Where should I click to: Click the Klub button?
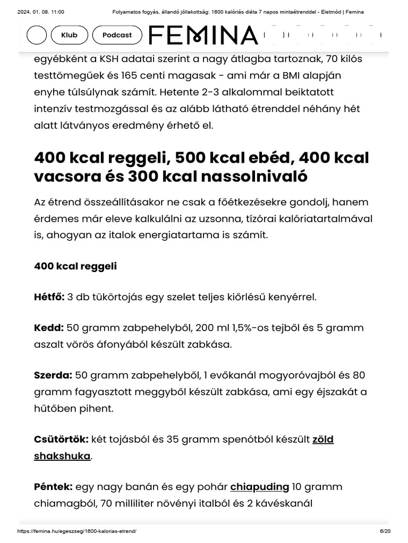pos(69,35)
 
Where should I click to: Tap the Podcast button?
pos(117,35)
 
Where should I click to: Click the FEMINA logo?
pos(203,36)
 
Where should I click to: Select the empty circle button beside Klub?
pos(37,35)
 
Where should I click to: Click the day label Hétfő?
pos(49,296)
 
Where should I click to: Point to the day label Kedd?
pos(49,328)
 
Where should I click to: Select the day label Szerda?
pos(53,375)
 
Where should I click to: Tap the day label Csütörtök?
pos(61,439)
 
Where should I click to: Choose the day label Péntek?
pos(53,487)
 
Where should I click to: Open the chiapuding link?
pos(259,487)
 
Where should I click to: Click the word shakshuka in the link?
pos(62,456)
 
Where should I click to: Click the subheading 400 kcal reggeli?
pos(75,266)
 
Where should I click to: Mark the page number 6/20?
pos(385,531)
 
